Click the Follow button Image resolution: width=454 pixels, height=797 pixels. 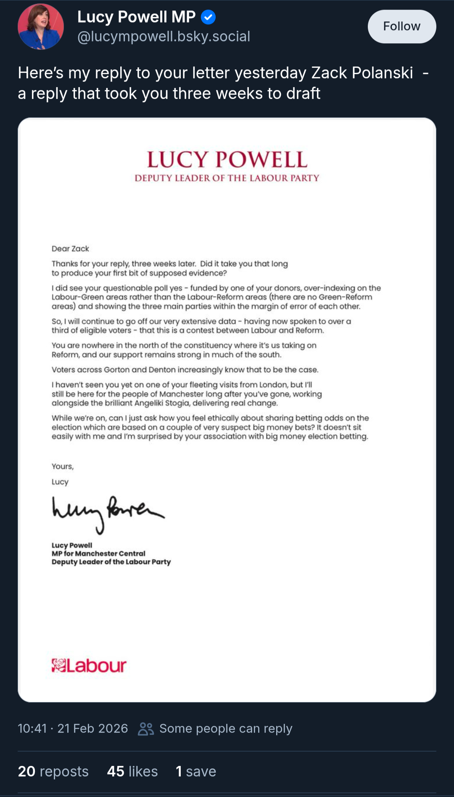click(401, 26)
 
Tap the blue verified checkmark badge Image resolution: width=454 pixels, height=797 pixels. click(208, 17)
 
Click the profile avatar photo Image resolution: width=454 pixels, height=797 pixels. click(41, 26)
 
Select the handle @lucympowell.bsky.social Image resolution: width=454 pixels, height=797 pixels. click(164, 37)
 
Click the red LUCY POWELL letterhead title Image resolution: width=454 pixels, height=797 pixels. click(227, 160)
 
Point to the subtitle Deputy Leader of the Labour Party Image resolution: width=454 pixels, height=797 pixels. click(227, 178)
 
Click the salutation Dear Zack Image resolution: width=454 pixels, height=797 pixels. click(70, 249)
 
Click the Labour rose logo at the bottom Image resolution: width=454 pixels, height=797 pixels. click(59, 665)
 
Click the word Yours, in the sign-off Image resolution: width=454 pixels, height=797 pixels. click(63, 466)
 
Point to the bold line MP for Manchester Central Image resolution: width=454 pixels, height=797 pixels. click(98, 553)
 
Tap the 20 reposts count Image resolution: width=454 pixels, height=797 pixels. click(53, 771)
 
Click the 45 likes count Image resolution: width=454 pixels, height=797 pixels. click(132, 771)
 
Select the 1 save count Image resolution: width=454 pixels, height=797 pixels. click(196, 771)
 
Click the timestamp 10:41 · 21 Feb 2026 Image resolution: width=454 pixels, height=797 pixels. click(73, 728)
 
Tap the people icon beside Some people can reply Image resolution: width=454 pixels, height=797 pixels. click(146, 729)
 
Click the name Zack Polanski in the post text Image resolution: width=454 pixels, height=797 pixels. click(362, 73)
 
